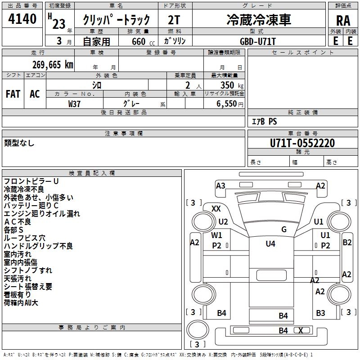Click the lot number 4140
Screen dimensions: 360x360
point(22,19)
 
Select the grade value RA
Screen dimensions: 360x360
point(342,20)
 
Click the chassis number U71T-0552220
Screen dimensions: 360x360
point(302,143)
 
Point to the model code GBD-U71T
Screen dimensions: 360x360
point(258,41)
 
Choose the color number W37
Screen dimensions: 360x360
point(74,103)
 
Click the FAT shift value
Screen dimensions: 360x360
point(13,94)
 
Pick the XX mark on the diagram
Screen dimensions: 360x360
point(216,208)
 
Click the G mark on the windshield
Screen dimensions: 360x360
point(284,229)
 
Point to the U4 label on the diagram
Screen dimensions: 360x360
point(270,244)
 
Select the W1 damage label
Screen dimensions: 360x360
point(217,235)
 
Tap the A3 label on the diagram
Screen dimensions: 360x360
point(220,185)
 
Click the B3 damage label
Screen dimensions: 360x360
point(320,313)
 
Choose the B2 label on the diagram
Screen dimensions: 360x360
point(347,242)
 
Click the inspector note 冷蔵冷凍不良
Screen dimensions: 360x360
point(24,189)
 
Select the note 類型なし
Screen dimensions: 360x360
point(19,143)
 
